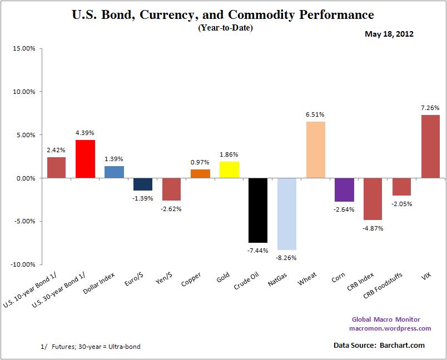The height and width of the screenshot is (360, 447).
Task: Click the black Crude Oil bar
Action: coord(258,211)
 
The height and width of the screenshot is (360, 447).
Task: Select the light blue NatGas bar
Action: coord(287,214)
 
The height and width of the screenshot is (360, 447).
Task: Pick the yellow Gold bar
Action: coord(229,170)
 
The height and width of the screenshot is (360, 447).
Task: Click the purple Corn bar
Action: coord(344,190)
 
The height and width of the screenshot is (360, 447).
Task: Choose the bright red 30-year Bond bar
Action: coord(85,159)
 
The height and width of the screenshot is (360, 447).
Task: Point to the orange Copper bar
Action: coord(200,174)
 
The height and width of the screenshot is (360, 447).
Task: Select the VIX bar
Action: coord(430,147)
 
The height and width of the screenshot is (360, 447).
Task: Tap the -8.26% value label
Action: coord(287,258)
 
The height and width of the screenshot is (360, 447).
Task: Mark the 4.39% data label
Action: coord(85,133)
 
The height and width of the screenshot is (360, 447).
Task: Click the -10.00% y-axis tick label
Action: coord(23,264)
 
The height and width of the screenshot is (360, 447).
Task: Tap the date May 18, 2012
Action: coord(389,34)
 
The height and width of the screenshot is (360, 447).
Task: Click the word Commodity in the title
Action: coord(269,14)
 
